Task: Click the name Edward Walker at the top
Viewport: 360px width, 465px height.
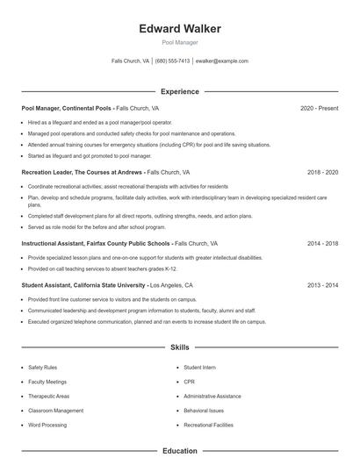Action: point(180,29)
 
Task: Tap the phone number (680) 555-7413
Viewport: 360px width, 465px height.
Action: point(173,61)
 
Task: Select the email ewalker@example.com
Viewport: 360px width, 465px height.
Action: point(222,61)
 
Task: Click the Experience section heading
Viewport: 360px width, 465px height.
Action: point(180,91)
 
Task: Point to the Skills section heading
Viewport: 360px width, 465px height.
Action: point(180,347)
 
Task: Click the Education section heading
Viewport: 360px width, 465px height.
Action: point(180,451)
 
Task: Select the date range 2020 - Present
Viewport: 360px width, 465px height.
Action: point(319,108)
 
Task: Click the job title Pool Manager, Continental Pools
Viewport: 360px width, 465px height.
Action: point(67,108)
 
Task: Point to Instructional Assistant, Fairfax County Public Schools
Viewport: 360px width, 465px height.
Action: point(95,242)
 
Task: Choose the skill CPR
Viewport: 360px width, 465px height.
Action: point(189,382)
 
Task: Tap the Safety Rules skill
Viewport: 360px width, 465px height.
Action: point(43,368)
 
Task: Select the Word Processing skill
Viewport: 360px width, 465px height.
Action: point(47,425)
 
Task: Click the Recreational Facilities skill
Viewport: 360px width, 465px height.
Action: point(208,425)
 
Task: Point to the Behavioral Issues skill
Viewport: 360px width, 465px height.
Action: point(204,411)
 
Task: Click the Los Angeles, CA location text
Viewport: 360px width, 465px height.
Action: point(171,285)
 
